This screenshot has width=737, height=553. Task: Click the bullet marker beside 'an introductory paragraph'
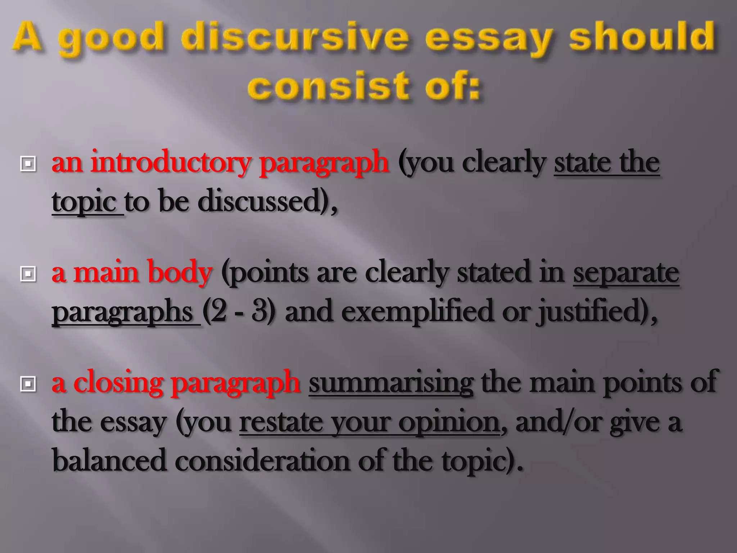[x=28, y=164]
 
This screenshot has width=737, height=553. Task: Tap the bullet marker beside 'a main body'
[x=28, y=274]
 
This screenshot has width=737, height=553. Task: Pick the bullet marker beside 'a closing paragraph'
[x=28, y=384]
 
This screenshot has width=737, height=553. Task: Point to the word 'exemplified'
[x=417, y=311]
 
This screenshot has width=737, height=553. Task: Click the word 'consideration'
[x=262, y=460]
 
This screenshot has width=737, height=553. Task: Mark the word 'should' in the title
[x=642, y=37]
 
